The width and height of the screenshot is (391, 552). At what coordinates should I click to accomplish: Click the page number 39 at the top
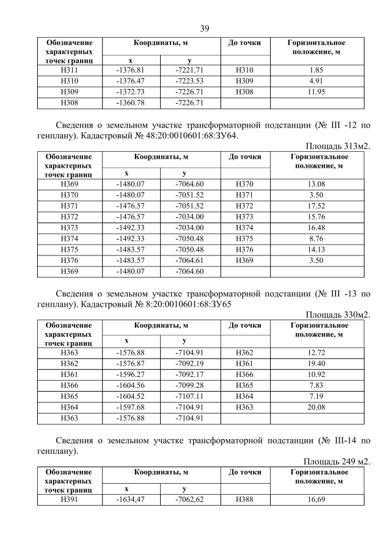coord(205,29)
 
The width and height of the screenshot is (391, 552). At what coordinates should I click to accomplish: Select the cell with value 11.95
coord(316,91)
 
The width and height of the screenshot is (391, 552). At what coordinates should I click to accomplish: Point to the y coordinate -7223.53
coord(189,81)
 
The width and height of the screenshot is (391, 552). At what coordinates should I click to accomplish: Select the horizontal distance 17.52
coord(316,206)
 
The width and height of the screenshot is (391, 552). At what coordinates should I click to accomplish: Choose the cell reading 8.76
coord(316,238)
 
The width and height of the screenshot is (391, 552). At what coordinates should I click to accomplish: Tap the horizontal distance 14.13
coord(316,249)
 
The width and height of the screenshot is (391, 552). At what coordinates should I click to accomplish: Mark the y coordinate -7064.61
coord(189,260)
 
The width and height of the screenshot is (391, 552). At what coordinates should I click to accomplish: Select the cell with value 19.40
coord(316,363)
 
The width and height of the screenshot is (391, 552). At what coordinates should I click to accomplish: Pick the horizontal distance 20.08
coord(316,407)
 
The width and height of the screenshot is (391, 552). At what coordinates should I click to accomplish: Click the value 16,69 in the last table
coord(316,500)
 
